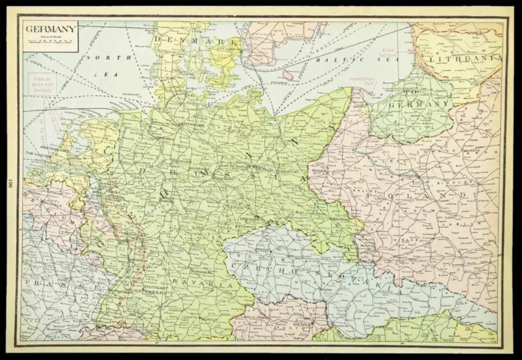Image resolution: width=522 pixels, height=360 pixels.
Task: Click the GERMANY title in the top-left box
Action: click(x=50, y=28)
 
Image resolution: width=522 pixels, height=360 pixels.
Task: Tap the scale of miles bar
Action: click(x=50, y=41)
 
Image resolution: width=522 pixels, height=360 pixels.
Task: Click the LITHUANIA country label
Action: click(x=465, y=58)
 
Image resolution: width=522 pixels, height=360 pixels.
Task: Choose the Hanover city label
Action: click(x=180, y=162)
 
